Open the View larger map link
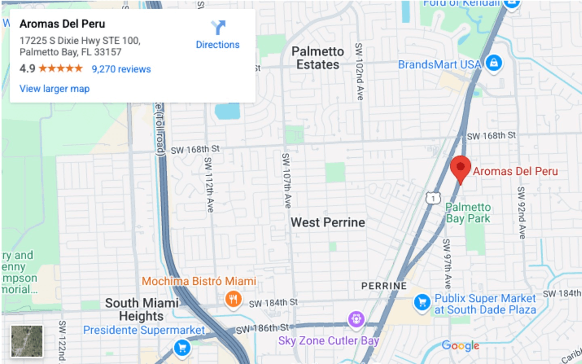pos(55,89)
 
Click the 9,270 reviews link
pos(121,69)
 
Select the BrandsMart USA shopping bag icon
pos(493,63)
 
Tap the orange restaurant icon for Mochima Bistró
pos(233,300)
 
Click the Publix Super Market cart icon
pos(422,303)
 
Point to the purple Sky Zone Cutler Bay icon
pos(356,319)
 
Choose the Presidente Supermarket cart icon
pos(182,347)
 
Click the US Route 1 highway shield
pos(433,198)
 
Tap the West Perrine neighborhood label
pos(328,222)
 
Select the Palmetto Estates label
pos(318,58)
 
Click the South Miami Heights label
pos(141,309)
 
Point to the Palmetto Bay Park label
pos(468,213)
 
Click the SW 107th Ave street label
pos(287,180)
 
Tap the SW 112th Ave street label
pos(209,184)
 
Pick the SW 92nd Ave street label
pos(521,212)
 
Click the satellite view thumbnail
pos(27,341)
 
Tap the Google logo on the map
pos(460,345)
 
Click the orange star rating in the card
pos(61,68)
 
